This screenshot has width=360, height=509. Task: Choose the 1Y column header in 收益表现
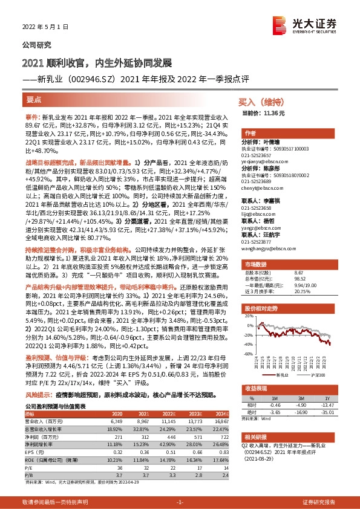(327, 398)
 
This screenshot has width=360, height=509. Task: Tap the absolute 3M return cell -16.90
(301, 413)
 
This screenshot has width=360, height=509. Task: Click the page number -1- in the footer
(179, 502)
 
